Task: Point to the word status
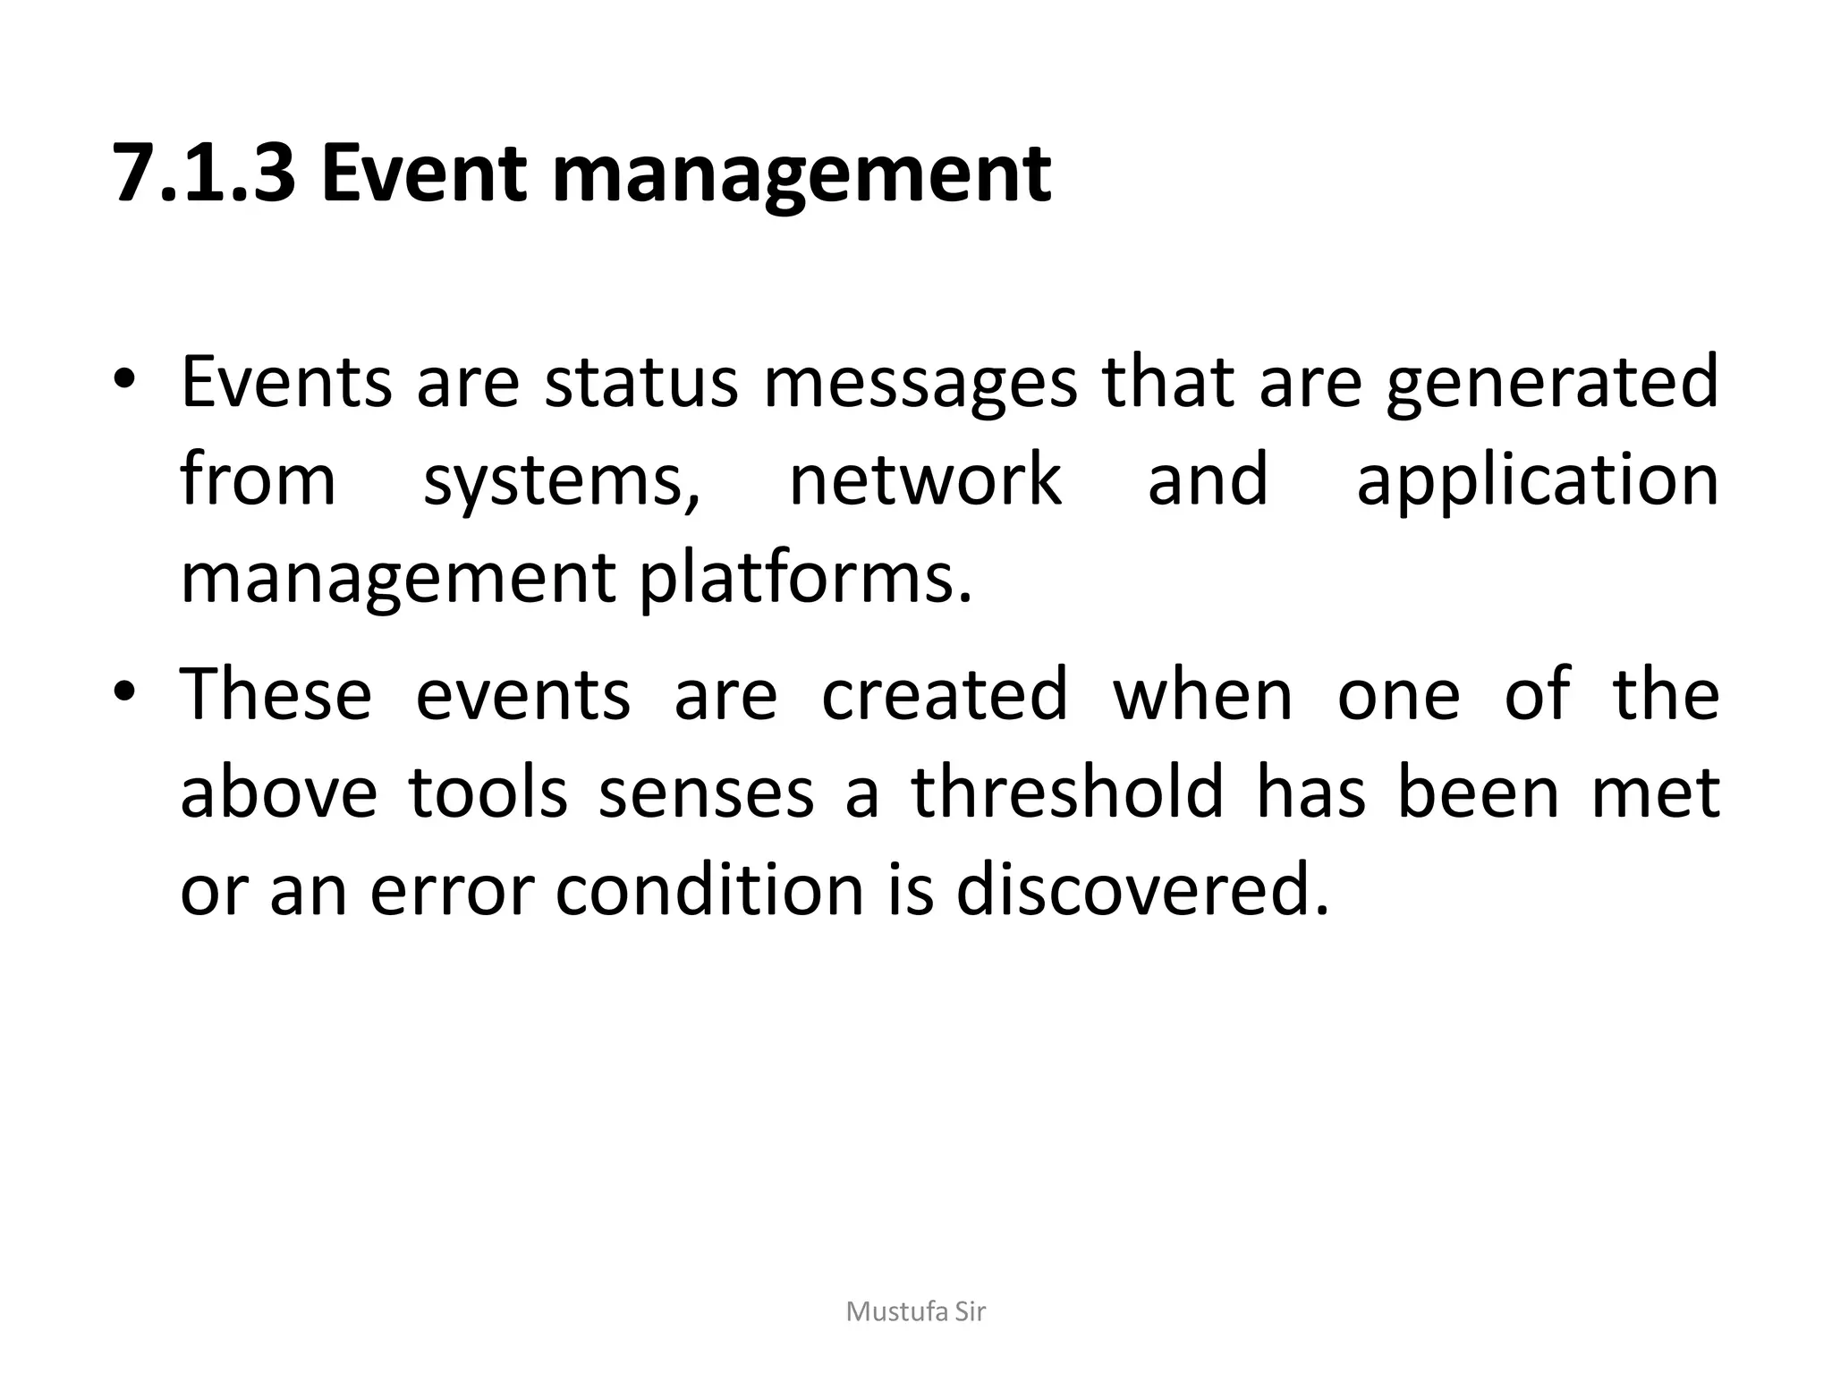(x=641, y=382)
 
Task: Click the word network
(x=926, y=479)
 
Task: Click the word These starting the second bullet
(x=276, y=694)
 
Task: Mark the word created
(x=945, y=694)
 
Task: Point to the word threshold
(x=1066, y=793)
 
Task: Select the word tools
(x=488, y=793)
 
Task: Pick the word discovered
(x=1142, y=891)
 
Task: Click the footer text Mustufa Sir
(x=916, y=1311)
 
